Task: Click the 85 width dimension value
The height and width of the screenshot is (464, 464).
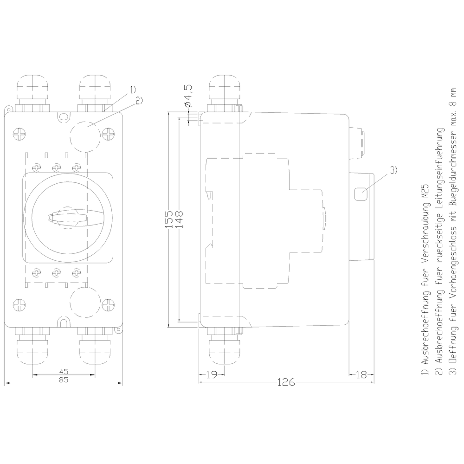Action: click(x=64, y=380)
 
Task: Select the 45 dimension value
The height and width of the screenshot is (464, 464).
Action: click(x=64, y=371)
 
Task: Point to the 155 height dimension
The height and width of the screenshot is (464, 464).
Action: click(x=169, y=219)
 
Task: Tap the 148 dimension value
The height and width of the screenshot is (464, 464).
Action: click(x=179, y=219)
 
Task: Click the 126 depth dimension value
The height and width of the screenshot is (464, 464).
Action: click(x=286, y=383)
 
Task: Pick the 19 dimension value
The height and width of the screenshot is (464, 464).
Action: click(x=212, y=374)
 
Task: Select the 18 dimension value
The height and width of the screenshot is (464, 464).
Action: click(x=361, y=374)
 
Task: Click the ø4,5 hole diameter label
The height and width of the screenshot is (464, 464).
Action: click(x=188, y=97)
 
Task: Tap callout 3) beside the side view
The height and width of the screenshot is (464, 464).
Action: click(x=393, y=170)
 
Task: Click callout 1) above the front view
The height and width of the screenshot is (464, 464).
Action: click(x=133, y=89)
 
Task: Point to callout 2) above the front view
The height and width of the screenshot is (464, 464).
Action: click(x=139, y=99)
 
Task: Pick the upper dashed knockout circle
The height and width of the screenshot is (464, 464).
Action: click(x=85, y=135)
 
